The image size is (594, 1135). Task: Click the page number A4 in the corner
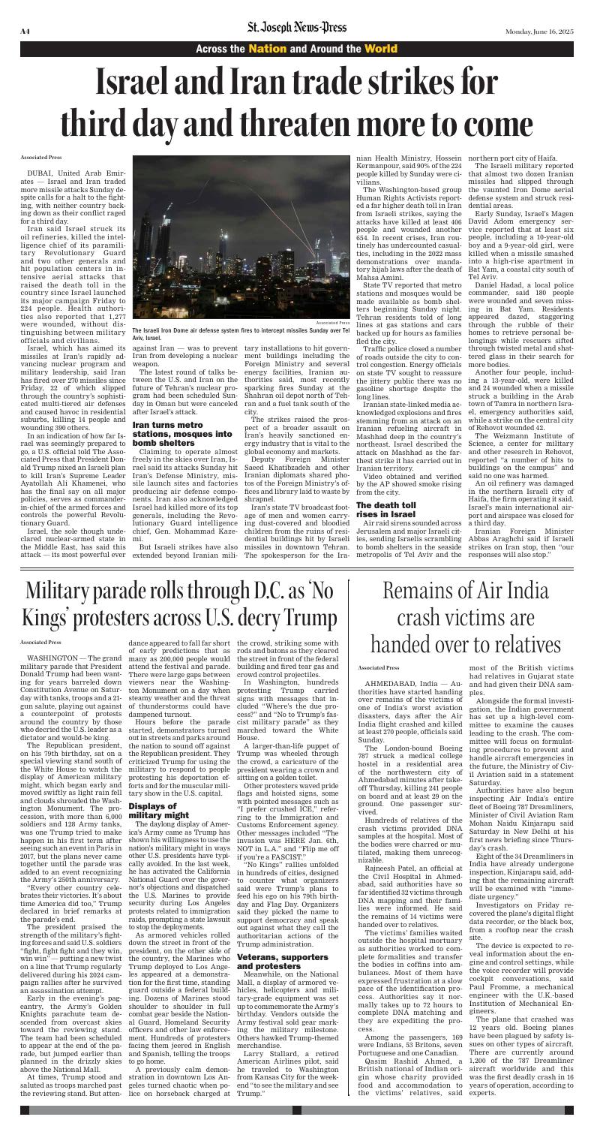tap(25, 10)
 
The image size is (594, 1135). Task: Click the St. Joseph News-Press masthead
tap(297, 10)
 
